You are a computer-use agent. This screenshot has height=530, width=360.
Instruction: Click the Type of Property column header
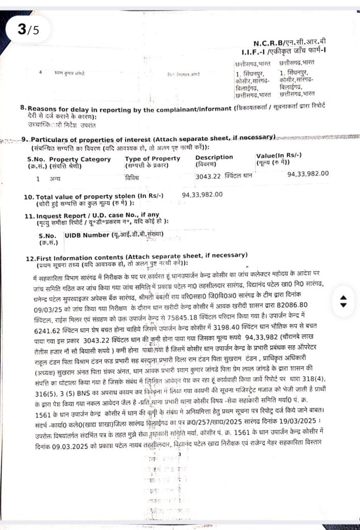[153, 158]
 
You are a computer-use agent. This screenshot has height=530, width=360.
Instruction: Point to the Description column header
[214, 157]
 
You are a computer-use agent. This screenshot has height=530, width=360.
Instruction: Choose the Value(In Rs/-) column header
[279, 156]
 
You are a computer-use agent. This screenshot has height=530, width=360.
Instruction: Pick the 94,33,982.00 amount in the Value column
[308, 173]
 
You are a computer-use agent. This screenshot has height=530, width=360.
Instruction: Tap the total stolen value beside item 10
[202, 195]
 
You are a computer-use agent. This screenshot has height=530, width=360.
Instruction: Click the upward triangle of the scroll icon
[342, 298]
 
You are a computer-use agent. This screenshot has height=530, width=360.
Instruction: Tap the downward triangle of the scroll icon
[342, 305]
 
